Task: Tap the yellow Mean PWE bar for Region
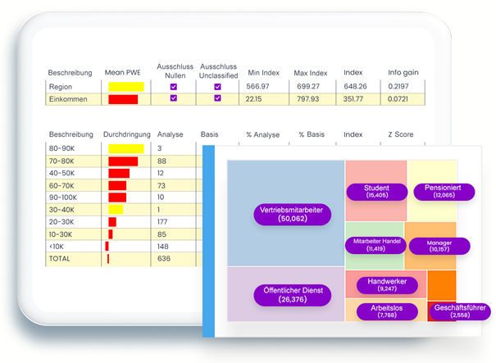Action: [x=126, y=86]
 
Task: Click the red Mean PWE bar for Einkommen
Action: [x=123, y=99]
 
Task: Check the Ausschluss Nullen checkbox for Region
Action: [x=173, y=86]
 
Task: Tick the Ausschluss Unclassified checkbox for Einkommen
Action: [x=217, y=99]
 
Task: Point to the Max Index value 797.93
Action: [x=307, y=99]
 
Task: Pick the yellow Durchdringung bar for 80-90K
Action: [x=126, y=148]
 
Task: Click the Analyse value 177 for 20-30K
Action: [x=164, y=222]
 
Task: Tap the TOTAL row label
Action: [x=60, y=259]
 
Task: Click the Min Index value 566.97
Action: [x=260, y=86]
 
